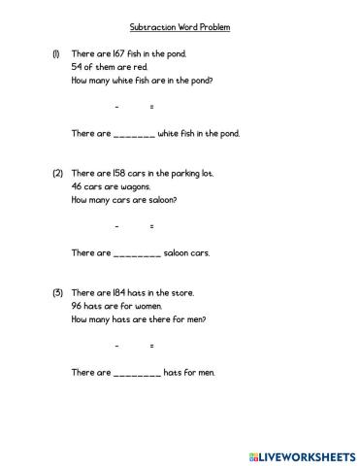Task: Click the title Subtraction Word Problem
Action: (x=180, y=27)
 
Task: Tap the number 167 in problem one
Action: (x=118, y=54)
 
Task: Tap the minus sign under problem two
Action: (x=116, y=225)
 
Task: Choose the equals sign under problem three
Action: (x=151, y=345)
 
